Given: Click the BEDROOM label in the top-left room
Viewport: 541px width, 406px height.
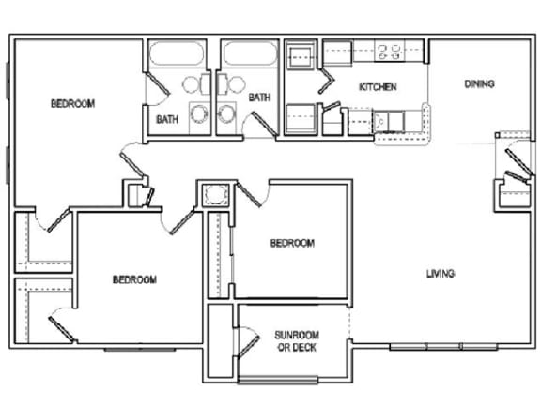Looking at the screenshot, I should coord(72,104).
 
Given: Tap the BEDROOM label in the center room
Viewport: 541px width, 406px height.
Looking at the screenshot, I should coord(292,243).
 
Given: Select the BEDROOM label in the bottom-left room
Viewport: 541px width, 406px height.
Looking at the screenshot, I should coord(134,279).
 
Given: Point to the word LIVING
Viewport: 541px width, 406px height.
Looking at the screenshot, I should coord(441,274).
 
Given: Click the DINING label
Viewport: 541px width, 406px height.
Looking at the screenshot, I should coord(479,84).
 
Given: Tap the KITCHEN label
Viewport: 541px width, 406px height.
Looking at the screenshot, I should coord(378,87).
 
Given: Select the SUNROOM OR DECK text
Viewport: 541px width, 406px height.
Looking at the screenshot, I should coord(296,341).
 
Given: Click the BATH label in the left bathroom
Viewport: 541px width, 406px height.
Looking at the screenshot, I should coord(167,119).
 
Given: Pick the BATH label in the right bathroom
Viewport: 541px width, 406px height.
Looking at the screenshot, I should coord(260,96).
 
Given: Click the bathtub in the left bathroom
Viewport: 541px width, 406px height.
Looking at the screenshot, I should coord(179,55).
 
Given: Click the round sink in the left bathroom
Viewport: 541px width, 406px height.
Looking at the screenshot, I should coord(198,114).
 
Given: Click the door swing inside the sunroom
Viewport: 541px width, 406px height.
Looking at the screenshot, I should coord(250,341).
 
